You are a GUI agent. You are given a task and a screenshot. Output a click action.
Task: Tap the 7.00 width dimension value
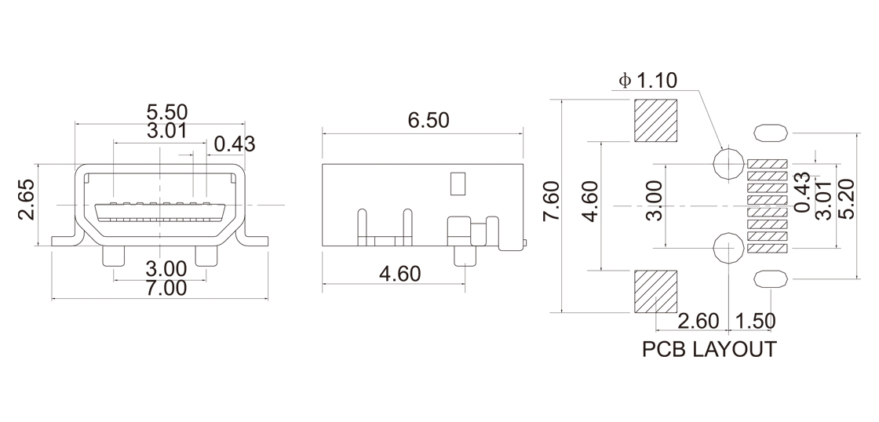pyautogui.click(x=161, y=288)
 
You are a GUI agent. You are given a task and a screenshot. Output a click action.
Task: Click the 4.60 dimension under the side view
pyautogui.click(x=399, y=274)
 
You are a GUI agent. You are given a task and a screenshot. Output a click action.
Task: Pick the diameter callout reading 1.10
pyautogui.click(x=647, y=81)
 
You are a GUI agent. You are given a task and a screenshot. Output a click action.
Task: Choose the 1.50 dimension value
pyautogui.click(x=754, y=321)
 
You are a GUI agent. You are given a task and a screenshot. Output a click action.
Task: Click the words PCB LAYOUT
pyautogui.click(x=709, y=349)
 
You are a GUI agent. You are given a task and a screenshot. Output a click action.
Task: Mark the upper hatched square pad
pyautogui.click(x=656, y=121)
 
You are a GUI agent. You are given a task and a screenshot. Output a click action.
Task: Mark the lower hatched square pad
pyautogui.click(x=656, y=290)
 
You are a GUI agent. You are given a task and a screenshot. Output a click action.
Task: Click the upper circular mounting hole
pyautogui.click(x=728, y=164)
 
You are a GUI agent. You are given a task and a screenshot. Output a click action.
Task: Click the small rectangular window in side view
pyautogui.click(x=458, y=183)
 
